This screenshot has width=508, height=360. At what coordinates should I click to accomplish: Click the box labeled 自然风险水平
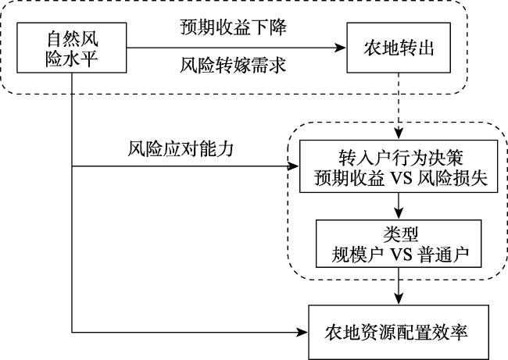[72, 48]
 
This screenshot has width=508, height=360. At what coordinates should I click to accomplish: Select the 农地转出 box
[399, 48]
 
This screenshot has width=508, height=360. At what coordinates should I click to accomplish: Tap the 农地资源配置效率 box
[398, 332]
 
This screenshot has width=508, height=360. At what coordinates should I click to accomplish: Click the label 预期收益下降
[233, 27]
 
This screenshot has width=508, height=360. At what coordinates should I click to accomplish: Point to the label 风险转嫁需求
[233, 65]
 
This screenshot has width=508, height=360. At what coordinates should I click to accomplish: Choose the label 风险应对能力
[181, 149]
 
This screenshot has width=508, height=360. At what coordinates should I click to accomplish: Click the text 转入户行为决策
[401, 158]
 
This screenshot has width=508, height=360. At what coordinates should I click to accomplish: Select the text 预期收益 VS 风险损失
[401, 178]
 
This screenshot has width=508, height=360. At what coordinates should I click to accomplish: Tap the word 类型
[400, 234]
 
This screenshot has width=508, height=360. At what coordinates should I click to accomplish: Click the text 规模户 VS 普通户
[400, 255]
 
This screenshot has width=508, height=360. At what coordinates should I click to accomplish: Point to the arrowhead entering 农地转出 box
[340, 48]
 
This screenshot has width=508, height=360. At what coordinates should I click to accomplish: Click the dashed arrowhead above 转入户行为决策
[399, 134]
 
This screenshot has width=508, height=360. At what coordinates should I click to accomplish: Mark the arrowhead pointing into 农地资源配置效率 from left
[302, 332]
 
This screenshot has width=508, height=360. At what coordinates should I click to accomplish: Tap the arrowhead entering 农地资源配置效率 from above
[399, 298]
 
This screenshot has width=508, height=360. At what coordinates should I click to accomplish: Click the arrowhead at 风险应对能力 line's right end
[293, 166]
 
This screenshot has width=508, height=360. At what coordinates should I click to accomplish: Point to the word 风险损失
[453, 178]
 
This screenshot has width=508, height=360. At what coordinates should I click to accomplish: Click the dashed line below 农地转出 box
[399, 100]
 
